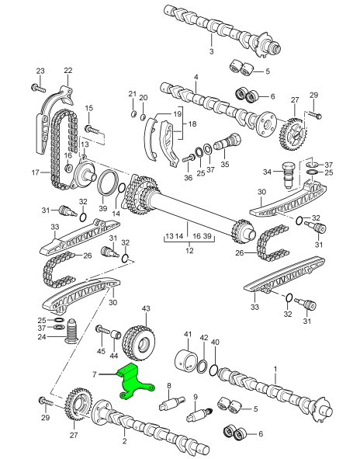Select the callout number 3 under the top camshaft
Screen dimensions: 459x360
(x=211, y=51)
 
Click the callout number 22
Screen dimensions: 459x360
(x=67, y=71)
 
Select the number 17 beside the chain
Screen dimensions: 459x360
(x=34, y=172)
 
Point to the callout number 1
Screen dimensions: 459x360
(x=274, y=367)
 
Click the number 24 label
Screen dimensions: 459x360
(x=41, y=336)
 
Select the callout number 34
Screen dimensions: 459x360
(x=266, y=171)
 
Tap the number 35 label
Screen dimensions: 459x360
(x=224, y=165)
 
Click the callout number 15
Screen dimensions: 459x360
(x=89, y=108)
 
